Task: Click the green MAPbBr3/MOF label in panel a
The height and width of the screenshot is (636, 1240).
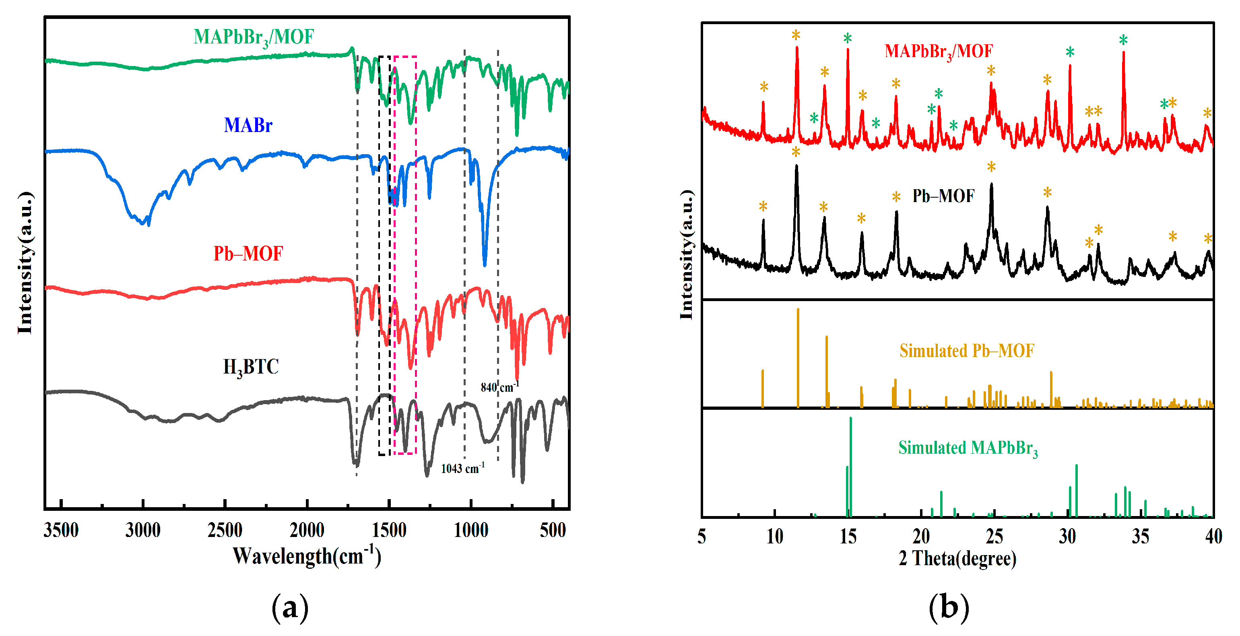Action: pyautogui.click(x=254, y=37)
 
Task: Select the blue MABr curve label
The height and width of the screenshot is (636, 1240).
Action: pyautogui.click(x=248, y=125)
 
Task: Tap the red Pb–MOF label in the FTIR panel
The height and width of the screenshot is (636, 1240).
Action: pyautogui.click(x=248, y=254)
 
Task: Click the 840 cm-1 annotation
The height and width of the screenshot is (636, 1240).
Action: pyautogui.click(x=499, y=386)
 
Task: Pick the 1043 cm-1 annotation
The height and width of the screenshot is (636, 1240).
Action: pyautogui.click(x=462, y=468)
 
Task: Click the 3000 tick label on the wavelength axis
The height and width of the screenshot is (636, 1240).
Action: pyautogui.click(x=142, y=530)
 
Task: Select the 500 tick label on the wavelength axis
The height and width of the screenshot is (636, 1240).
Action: pyautogui.click(x=552, y=530)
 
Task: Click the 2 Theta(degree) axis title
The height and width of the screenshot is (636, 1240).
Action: pyautogui.click(x=957, y=558)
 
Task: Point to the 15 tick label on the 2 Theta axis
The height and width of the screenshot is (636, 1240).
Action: pyautogui.click(x=848, y=536)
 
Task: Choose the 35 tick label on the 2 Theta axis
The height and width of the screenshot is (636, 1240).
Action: pyautogui.click(x=1140, y=536)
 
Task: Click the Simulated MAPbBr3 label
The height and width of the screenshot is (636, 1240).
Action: pyautogui.click(x=968, y=448)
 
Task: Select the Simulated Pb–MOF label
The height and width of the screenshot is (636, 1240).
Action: pyautogui.click(x=967, y=351)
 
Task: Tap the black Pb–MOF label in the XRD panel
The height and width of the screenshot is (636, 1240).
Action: pyautogui.click(x=943, y=196)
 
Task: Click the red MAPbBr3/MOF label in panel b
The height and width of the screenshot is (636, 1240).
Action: pyautogui.click(x=938, y=52)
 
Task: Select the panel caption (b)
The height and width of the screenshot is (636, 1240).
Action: pyautogui.click(x=948, y=607)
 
